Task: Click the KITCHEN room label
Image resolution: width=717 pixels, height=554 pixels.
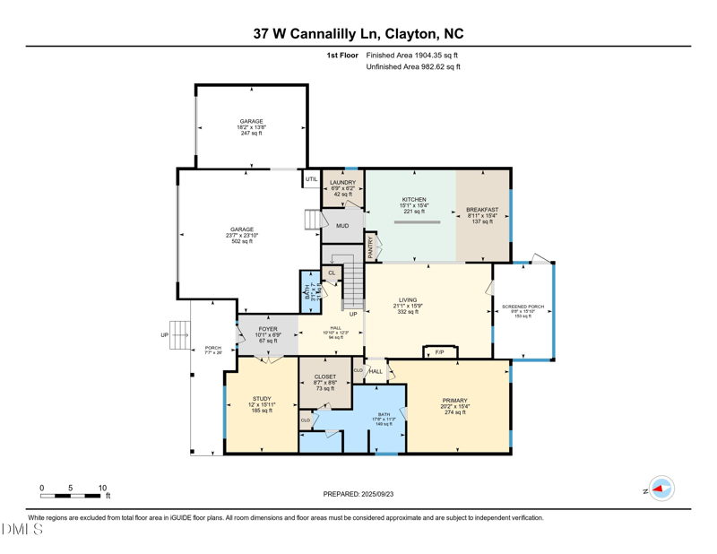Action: (x=413, y=200)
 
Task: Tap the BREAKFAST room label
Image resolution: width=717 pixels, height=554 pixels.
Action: (x=482, y=210)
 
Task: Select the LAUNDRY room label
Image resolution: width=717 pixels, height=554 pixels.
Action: (x=342, y=183)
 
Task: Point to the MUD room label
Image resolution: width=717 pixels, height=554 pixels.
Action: (x=342, y=226)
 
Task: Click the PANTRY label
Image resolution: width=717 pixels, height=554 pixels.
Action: (x=371, y=247)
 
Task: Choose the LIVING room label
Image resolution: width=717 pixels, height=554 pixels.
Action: (x=408, y=300)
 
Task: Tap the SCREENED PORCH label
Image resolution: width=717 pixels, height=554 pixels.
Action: (x=523, y=307)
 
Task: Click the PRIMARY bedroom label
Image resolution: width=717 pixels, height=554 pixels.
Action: (x=454, y=401)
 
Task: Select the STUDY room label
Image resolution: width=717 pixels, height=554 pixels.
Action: (x=262, y=399)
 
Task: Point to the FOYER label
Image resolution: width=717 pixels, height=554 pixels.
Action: (x=267, y=329)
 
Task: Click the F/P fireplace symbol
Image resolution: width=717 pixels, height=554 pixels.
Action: (x=439, y=352)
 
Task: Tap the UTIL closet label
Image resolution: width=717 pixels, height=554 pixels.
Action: (x=311, y=179)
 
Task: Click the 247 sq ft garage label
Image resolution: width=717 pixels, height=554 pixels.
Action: (x=251, y=133)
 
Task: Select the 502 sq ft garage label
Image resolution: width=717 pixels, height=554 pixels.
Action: (x=242, y=241)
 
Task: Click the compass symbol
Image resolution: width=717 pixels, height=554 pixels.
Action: (x=661, y=489)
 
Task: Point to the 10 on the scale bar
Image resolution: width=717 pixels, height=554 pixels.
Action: (x=102, y=489)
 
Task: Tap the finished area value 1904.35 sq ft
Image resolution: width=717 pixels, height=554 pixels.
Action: (x=413, y=55)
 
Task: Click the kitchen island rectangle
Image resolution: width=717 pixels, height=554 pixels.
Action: (x=418, y=221)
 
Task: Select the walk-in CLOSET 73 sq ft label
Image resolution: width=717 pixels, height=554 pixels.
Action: (x=325, y=377)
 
